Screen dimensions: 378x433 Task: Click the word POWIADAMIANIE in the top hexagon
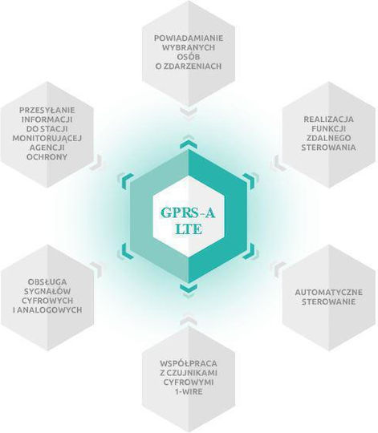(189, 38)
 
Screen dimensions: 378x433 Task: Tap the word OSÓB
(189, 56)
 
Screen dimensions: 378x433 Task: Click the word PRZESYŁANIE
(47, 110)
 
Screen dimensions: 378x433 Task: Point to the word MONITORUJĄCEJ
(47, 139)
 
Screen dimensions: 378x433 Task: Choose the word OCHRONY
(47, 157)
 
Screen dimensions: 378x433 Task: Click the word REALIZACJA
(328, 119)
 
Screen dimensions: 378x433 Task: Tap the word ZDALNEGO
(328, 138)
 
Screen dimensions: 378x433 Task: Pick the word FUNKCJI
(328, 128)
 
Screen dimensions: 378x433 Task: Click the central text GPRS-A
(188, 213)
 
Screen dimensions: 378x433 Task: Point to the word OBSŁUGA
(47, 282)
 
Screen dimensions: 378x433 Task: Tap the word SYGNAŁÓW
(47, 291)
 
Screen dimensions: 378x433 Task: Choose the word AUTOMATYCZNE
(328, 292)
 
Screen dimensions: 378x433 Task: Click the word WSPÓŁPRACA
(189, 363)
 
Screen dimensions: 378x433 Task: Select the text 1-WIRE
(189, 391)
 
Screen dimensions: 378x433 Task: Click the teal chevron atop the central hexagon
(189, 144)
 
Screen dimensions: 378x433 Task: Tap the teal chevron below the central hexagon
(189, 289)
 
